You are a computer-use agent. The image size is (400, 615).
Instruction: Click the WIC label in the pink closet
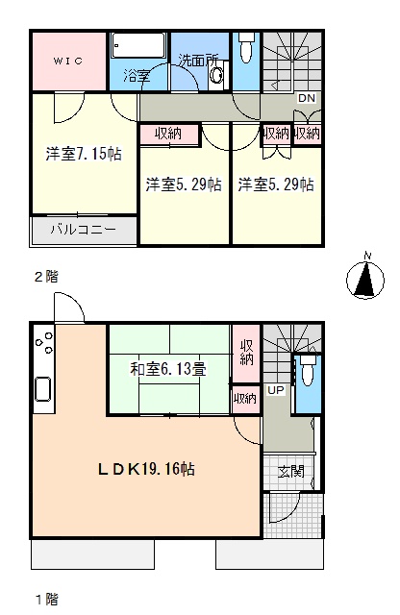coord(68,61)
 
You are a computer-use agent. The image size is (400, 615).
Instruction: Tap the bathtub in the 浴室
coord(138,45)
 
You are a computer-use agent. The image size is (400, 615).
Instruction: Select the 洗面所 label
coord(198,60)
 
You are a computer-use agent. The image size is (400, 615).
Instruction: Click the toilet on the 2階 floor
coord(246,47)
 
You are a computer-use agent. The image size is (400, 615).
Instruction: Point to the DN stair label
coord(307,98)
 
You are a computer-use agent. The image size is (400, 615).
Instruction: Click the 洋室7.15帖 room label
coord(84,154)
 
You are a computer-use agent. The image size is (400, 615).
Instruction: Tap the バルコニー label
coord(84,230)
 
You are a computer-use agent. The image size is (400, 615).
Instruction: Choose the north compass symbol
coord(365,278)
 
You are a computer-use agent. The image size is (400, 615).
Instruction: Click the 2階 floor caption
coord(46,277)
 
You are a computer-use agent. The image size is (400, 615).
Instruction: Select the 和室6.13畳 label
coord(168,369)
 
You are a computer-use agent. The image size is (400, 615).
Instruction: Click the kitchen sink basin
coord(42,388)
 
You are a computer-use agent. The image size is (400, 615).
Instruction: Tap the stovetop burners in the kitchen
coord(44,342)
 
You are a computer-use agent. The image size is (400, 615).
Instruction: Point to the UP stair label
coord(276,390)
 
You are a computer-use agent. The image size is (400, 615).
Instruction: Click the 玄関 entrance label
coord(291,472)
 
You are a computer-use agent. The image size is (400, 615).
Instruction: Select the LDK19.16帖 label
coord(146,469)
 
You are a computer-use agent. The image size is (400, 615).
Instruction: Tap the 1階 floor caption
coord(47,599)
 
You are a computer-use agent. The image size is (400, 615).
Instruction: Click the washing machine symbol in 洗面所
coord(216,75)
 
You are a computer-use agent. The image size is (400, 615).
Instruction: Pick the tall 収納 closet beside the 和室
coord(246,354)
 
